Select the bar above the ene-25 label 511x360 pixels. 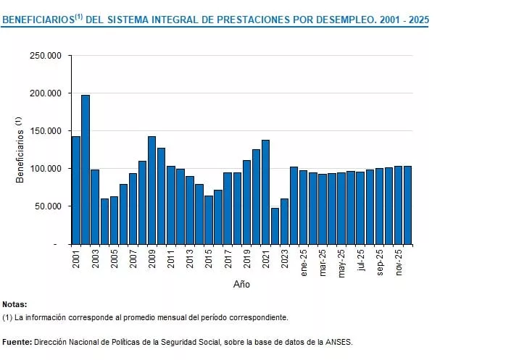pos(303,207)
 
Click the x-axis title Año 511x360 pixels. pos(241,285)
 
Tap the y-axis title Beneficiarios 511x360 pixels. pos(20,153)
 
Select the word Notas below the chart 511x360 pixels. pos(14,305)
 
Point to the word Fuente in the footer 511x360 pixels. pos(16,341)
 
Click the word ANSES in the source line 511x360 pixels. pos(338,341)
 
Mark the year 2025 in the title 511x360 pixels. pos(418,20)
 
